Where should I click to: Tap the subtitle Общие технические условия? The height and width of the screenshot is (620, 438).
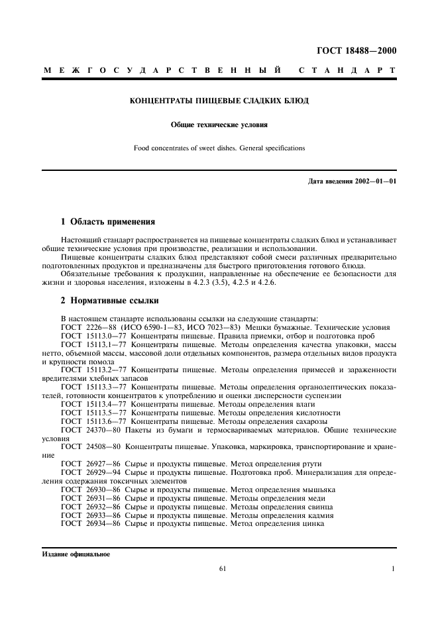coord(219,124)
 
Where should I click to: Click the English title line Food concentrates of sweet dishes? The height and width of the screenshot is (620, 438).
coord(219,148)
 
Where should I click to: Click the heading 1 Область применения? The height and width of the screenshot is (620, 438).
coord(108,221)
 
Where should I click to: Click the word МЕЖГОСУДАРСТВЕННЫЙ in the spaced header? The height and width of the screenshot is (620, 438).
coord(160,70)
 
